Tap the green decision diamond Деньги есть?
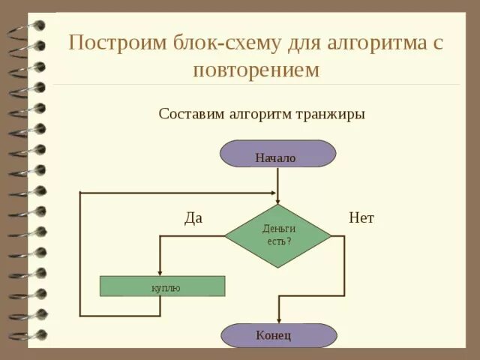pyautogui.click(x=277, y=235)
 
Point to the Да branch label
pyautogui.click(x=193, y=218)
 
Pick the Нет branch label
pyautogui.click(x=361, y=218)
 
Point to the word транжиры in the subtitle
pyautogui.click(x=330, y=114)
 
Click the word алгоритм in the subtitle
pyautogui.click(x=259, y=114)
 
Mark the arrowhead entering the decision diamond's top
pyautogui.click(x=278, y=200)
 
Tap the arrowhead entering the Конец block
pyautogui.click(x=278, y=320)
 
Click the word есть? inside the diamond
pyautogui.click(x=279, y=242)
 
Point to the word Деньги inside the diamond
pyautogui.click(x=279, y=229)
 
